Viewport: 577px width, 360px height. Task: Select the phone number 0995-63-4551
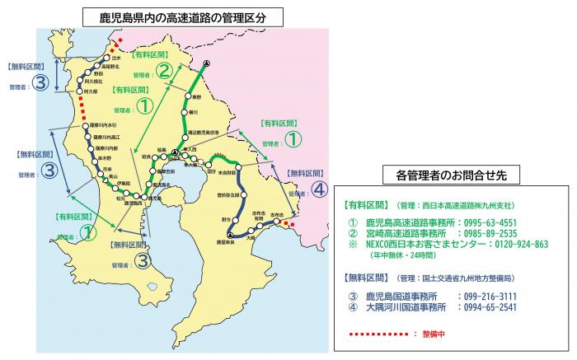pos(487,222)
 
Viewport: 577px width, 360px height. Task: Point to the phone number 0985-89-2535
pos(487,233)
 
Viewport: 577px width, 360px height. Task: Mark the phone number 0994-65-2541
pos(487,306)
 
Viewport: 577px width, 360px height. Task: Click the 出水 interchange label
pos(116,58)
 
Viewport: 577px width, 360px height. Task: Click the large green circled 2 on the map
pos(164,70)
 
